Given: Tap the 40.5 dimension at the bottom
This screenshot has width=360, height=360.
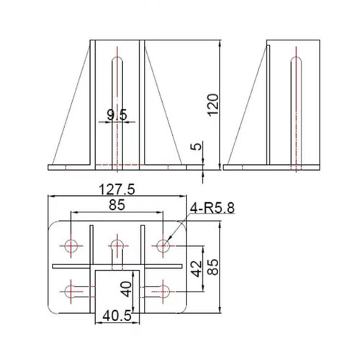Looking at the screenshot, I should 116,315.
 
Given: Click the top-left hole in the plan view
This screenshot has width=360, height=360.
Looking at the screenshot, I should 71,246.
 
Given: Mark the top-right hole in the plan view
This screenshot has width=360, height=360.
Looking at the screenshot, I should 163,246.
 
